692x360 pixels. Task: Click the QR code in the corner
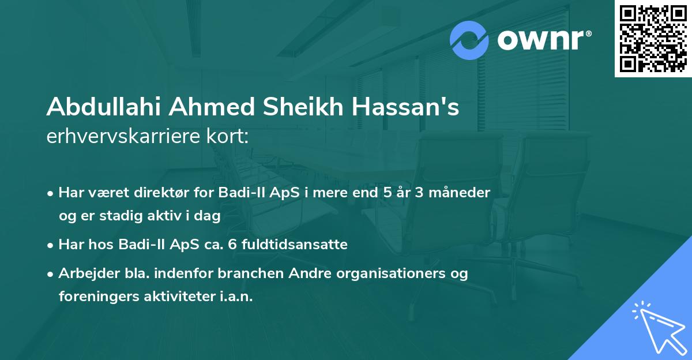653,39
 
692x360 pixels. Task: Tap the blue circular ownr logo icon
469,40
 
